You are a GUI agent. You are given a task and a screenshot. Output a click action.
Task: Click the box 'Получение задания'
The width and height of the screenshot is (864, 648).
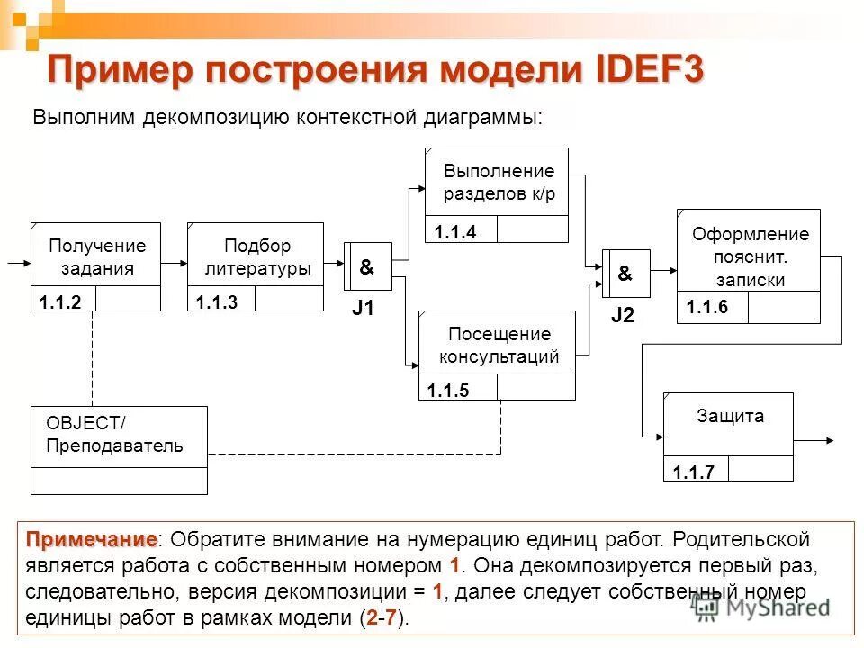(x=96, y=256)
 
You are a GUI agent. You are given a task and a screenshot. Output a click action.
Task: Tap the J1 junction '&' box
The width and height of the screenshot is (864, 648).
(x=369, y=267)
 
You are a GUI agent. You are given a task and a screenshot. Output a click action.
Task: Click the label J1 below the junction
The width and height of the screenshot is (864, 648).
(x=363, y=310)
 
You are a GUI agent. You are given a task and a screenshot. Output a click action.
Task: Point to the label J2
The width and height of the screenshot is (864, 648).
(x=623, y=315)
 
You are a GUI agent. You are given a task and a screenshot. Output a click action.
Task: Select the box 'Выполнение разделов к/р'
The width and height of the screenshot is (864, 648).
(x=498, y=183)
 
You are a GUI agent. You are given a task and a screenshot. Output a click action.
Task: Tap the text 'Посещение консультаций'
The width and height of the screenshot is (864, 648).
(x=498, y=346)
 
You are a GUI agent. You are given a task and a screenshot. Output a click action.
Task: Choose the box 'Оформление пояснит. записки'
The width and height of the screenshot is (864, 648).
(x=749, y=256)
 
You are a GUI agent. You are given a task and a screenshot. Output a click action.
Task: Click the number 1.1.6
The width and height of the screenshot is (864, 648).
(x=706, y=308)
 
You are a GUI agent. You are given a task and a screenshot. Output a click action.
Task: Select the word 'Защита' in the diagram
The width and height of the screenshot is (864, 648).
(x=729, y=417)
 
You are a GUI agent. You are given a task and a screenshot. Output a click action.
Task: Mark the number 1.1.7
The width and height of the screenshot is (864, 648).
(x=693, y=472)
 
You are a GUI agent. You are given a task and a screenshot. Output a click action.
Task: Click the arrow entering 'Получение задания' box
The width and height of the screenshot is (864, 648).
(x=18, y=265)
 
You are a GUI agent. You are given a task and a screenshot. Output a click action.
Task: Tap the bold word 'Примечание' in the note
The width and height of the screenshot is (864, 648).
(x=90, y=539)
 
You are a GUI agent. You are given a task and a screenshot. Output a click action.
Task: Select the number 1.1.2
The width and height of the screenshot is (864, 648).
(x=61, y=303)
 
